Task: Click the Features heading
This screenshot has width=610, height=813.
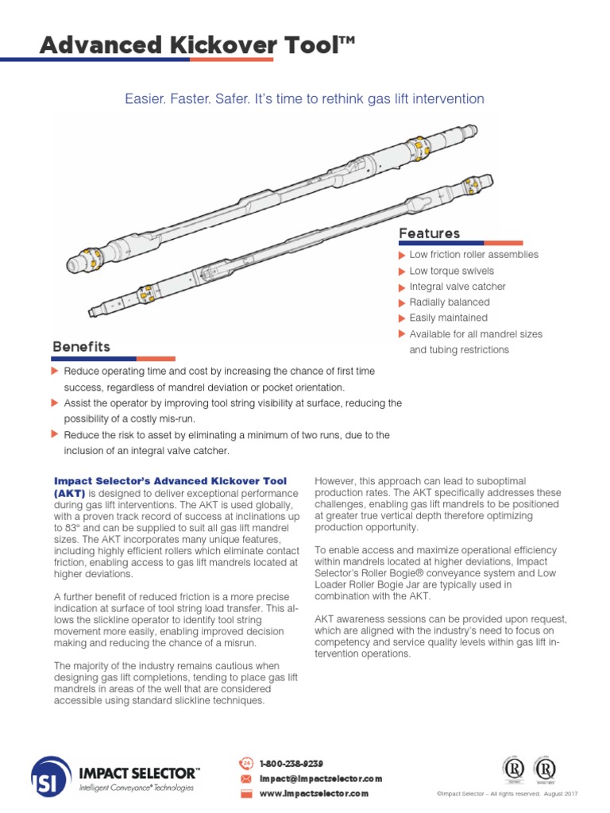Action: click(x=429, y=233)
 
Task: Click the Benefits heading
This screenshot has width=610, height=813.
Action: click(x=81, y=347)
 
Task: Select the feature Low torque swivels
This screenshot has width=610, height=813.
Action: click(x=451, y=271)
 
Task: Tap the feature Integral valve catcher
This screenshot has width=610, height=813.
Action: click(x=457, y=287)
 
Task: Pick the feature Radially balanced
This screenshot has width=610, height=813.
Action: click(x=449, y=302)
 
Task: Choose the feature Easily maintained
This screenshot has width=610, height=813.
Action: click(x=448, y=318)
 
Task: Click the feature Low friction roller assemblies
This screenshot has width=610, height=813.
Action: click(x=473, y=255)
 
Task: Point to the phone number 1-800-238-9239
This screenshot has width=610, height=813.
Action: click(x=291, y=763)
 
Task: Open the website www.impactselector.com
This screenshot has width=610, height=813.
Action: click(x=314, y=793)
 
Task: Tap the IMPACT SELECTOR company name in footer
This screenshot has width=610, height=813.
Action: click(x=139, y=772)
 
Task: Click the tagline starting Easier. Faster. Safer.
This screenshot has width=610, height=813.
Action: click(x=304, y=98)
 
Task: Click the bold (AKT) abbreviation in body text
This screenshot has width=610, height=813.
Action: click(x=69, y=493)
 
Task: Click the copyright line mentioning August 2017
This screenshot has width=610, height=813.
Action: click(x=507, y=794)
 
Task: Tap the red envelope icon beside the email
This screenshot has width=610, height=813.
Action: click(x=245, y=779)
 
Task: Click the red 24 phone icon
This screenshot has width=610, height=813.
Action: click(x=245, y=764)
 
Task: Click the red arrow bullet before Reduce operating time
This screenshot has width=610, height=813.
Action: click(x=55, y=372)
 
